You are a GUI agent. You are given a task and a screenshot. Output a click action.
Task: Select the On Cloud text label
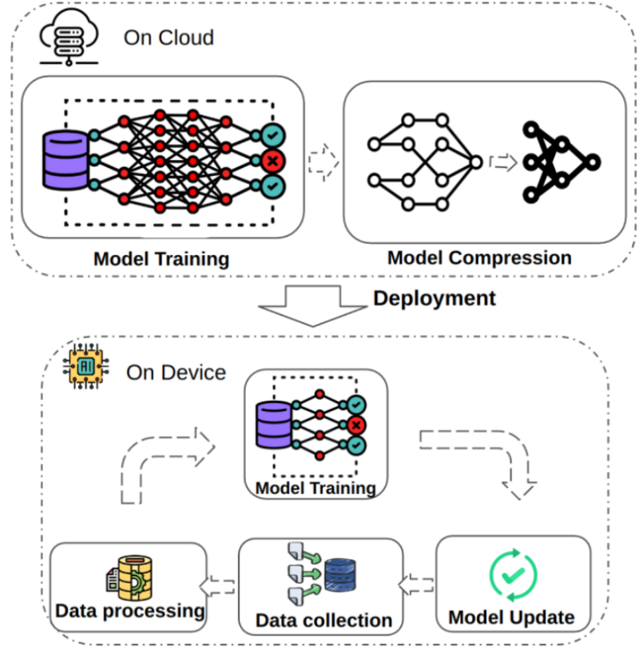pos(169,38)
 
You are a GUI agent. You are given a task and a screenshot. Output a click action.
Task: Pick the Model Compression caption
pos(479,258)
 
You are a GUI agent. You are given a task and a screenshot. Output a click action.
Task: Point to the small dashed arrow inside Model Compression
pos(503,162)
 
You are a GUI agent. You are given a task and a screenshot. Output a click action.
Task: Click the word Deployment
pos(435,299)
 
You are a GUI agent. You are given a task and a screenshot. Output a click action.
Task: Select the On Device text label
pos(176,373)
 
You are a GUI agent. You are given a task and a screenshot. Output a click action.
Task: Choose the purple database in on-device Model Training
pos(272,425)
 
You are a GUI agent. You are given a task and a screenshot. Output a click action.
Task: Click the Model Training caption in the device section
pos(316,487)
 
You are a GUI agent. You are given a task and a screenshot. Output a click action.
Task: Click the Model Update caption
pos(511,617)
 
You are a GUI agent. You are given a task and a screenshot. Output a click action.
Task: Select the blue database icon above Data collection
pos(341,573)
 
